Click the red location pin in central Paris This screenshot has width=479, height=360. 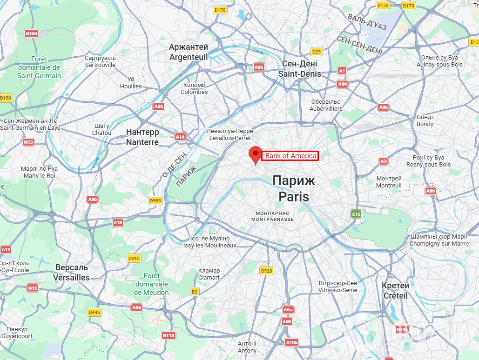255,154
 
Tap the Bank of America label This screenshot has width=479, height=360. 290,156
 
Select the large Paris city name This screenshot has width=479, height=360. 294,188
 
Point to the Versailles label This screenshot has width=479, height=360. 72,273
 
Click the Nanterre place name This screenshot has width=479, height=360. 142,137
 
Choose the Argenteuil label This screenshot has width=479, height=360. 189,52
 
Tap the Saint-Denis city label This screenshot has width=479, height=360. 300,69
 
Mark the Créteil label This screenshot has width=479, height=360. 395,291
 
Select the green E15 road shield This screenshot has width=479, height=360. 356,214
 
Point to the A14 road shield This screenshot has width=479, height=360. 180,137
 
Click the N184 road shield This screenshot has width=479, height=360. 32,33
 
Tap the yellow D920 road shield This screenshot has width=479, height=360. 266,271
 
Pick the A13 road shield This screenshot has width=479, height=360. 118,223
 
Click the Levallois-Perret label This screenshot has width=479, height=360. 230,134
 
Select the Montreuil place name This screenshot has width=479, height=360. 389,182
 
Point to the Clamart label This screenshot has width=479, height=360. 209,274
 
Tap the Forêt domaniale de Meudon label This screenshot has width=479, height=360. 151,284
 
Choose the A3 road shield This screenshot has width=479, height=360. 383,161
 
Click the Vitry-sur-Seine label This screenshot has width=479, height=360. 338,287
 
